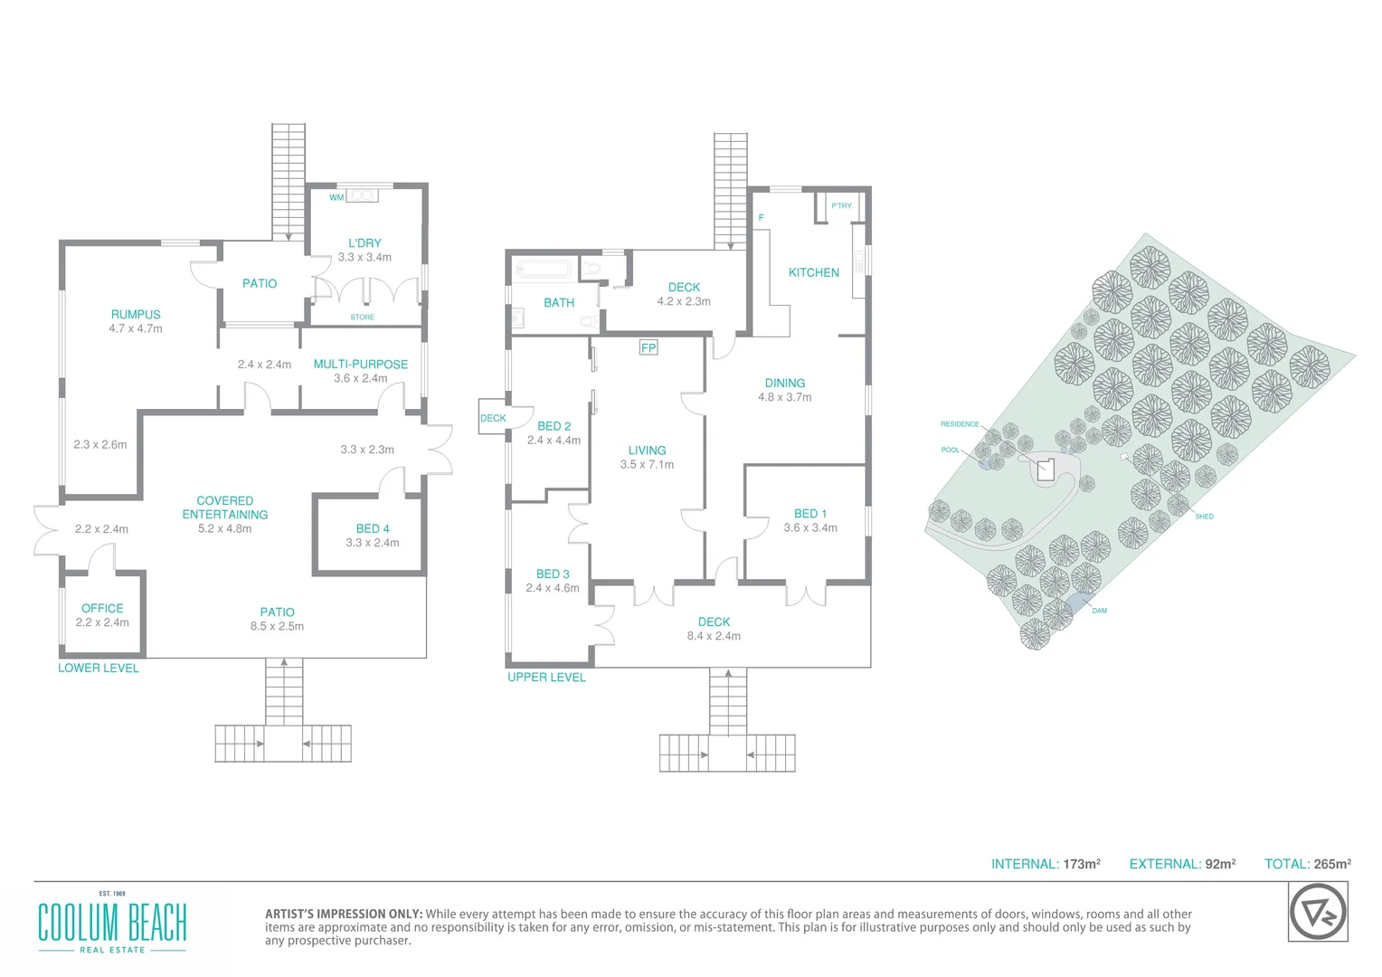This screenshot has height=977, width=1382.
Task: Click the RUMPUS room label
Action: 136,315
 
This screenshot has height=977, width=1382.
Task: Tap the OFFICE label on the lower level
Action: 102,609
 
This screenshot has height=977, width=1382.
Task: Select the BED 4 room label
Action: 373,529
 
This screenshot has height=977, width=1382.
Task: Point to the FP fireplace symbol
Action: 648,348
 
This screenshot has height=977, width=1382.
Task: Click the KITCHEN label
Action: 813,272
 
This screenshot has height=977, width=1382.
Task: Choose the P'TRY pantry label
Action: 841,206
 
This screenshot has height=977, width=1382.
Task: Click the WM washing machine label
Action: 336,198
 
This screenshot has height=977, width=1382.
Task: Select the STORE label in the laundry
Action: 362,318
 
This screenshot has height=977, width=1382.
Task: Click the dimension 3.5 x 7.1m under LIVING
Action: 647,465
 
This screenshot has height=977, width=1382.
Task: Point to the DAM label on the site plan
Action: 1099,611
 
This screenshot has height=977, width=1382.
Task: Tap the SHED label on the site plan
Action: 1204,517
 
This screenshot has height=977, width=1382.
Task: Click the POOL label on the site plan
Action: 950,450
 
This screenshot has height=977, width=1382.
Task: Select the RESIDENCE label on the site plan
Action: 959,424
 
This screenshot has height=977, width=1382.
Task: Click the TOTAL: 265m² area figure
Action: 1307,864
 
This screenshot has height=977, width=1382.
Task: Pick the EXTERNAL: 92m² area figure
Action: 1182,864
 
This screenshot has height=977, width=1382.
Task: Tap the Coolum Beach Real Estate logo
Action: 112,925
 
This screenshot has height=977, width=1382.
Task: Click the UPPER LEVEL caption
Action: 546,678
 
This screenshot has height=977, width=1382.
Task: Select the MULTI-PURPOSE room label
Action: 360,365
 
